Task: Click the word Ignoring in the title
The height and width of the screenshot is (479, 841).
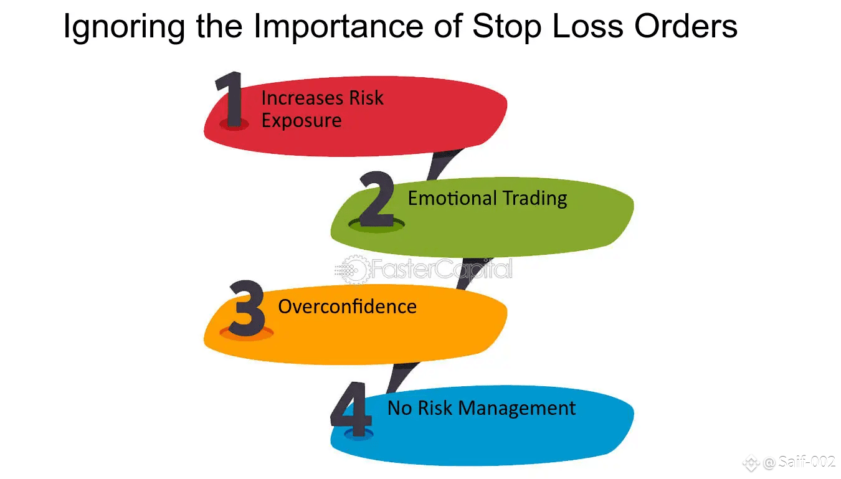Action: tap(124, 27)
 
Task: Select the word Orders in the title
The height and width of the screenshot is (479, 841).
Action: tap(686, 26)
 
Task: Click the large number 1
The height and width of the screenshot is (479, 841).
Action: tap(230, 99)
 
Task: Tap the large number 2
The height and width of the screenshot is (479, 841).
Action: tap(376, 199)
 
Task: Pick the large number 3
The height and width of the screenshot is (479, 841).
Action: tap(247, 308)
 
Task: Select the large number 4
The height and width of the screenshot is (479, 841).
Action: tap(351, 409)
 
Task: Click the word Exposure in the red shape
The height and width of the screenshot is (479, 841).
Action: tap(302, 121)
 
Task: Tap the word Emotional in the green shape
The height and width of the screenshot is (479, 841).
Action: tap(452, 198)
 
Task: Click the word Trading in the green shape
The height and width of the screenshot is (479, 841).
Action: tap(535, 199)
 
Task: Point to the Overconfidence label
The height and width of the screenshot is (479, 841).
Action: tap(347, 306)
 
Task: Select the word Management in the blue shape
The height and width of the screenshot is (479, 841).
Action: tap(517, 408)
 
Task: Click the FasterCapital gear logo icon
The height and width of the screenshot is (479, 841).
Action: tap(352, 269)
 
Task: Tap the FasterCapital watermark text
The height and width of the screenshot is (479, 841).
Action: tap(442, 269)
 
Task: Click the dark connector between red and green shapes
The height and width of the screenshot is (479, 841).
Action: tap(444, 164)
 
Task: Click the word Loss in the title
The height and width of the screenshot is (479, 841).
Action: tap(587, 26)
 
